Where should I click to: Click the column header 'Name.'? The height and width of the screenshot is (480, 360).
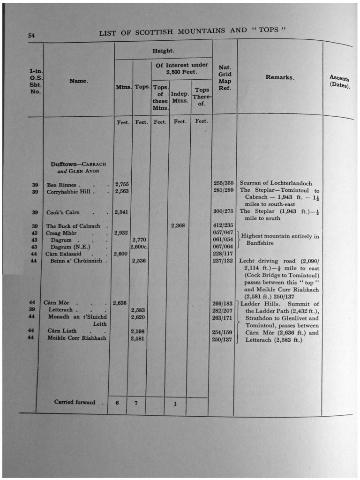[x=78, y=81]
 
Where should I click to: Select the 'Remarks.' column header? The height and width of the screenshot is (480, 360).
[x=280, y=77]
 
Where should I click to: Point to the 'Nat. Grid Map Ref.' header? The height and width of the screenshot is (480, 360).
[x=225, y=78]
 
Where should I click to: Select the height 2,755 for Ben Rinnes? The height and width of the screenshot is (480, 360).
[x=121, y=185]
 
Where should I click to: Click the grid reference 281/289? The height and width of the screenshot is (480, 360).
[x=223, y=191]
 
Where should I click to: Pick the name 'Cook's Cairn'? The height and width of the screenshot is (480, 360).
[x=63, y=212]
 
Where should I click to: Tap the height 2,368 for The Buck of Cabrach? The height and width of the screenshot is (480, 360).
[x=178, y=225]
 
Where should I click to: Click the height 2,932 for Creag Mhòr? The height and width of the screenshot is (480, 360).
[x=121, y=233]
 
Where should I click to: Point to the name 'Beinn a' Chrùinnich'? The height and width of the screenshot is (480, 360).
[x=75, y=261]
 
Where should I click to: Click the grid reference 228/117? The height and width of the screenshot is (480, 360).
[x=223, y=254]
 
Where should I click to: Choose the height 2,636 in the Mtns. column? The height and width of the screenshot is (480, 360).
[x=121, y=303]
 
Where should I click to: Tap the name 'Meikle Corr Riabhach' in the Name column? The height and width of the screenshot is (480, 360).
[x=77, y=338]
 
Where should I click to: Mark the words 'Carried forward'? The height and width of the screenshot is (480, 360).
[x=75, y=402]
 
